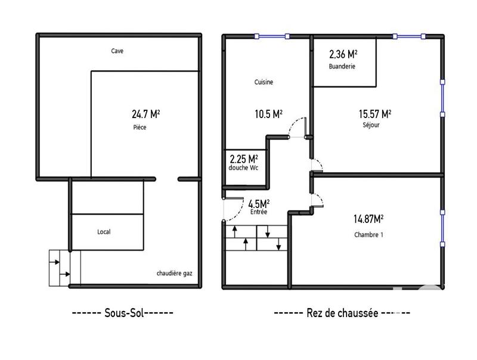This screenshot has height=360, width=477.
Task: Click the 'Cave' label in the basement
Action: (117, 51)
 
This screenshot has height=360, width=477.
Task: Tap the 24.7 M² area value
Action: (145, 114)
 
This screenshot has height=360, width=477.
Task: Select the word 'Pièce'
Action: (140, 128)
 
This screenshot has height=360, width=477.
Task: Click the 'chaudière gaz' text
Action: (174, 274)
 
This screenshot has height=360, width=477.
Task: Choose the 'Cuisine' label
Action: (264, 82)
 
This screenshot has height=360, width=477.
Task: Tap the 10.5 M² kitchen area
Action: (269, 114)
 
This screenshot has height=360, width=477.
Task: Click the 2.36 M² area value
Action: (343, 54)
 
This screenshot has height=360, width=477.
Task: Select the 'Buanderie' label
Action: (342, 67)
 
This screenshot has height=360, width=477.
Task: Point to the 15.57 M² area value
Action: (375, 114)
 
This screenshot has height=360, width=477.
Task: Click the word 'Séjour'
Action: (371, 125)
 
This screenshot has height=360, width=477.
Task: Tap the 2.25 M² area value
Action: (244, 159)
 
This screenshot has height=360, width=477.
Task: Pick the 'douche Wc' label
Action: (243, 168)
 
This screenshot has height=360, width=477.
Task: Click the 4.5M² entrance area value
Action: (259, 203)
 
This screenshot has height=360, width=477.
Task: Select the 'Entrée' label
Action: (259, 212)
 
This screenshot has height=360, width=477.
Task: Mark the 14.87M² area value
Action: (368, 219)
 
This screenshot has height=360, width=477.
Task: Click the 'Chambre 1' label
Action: (368, 235)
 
